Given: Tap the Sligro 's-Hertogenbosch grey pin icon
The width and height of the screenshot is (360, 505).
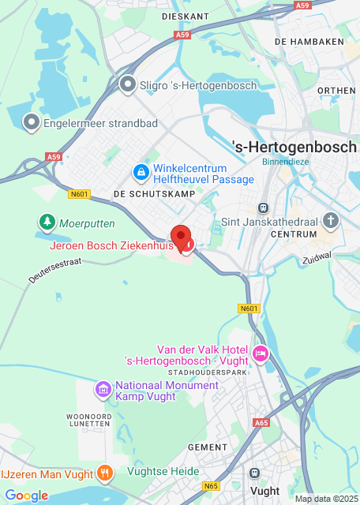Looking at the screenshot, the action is [x=127, y=84].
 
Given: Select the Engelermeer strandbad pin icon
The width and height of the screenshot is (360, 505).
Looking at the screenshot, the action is [x=32, y=122].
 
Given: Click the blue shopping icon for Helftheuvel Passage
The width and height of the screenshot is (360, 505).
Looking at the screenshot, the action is [x=140, y=171].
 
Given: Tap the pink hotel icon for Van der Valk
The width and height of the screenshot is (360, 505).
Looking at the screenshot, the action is [x=261, y=353].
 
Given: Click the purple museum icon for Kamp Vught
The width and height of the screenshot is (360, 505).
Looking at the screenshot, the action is [x=103, y=389].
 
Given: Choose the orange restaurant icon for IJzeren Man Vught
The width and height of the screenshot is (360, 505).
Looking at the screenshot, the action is [x=104, y=473].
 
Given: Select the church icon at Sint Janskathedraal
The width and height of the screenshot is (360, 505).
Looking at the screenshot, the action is [x=332, y=221].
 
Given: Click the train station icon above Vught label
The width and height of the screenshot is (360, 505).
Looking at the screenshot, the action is [x=254, y=473].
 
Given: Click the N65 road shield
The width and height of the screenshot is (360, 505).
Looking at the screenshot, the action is [x=212, y=487].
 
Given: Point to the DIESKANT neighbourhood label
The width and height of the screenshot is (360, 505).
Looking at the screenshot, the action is [x=185, y=16].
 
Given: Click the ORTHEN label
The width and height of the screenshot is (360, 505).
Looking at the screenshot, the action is [x=336, y=91].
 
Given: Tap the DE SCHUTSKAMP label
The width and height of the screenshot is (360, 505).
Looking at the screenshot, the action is [x=143, y=193].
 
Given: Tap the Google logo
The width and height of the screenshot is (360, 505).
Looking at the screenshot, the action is [x=26, y=496].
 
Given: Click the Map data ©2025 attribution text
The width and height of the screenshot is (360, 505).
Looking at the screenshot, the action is [x=325, y=499].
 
